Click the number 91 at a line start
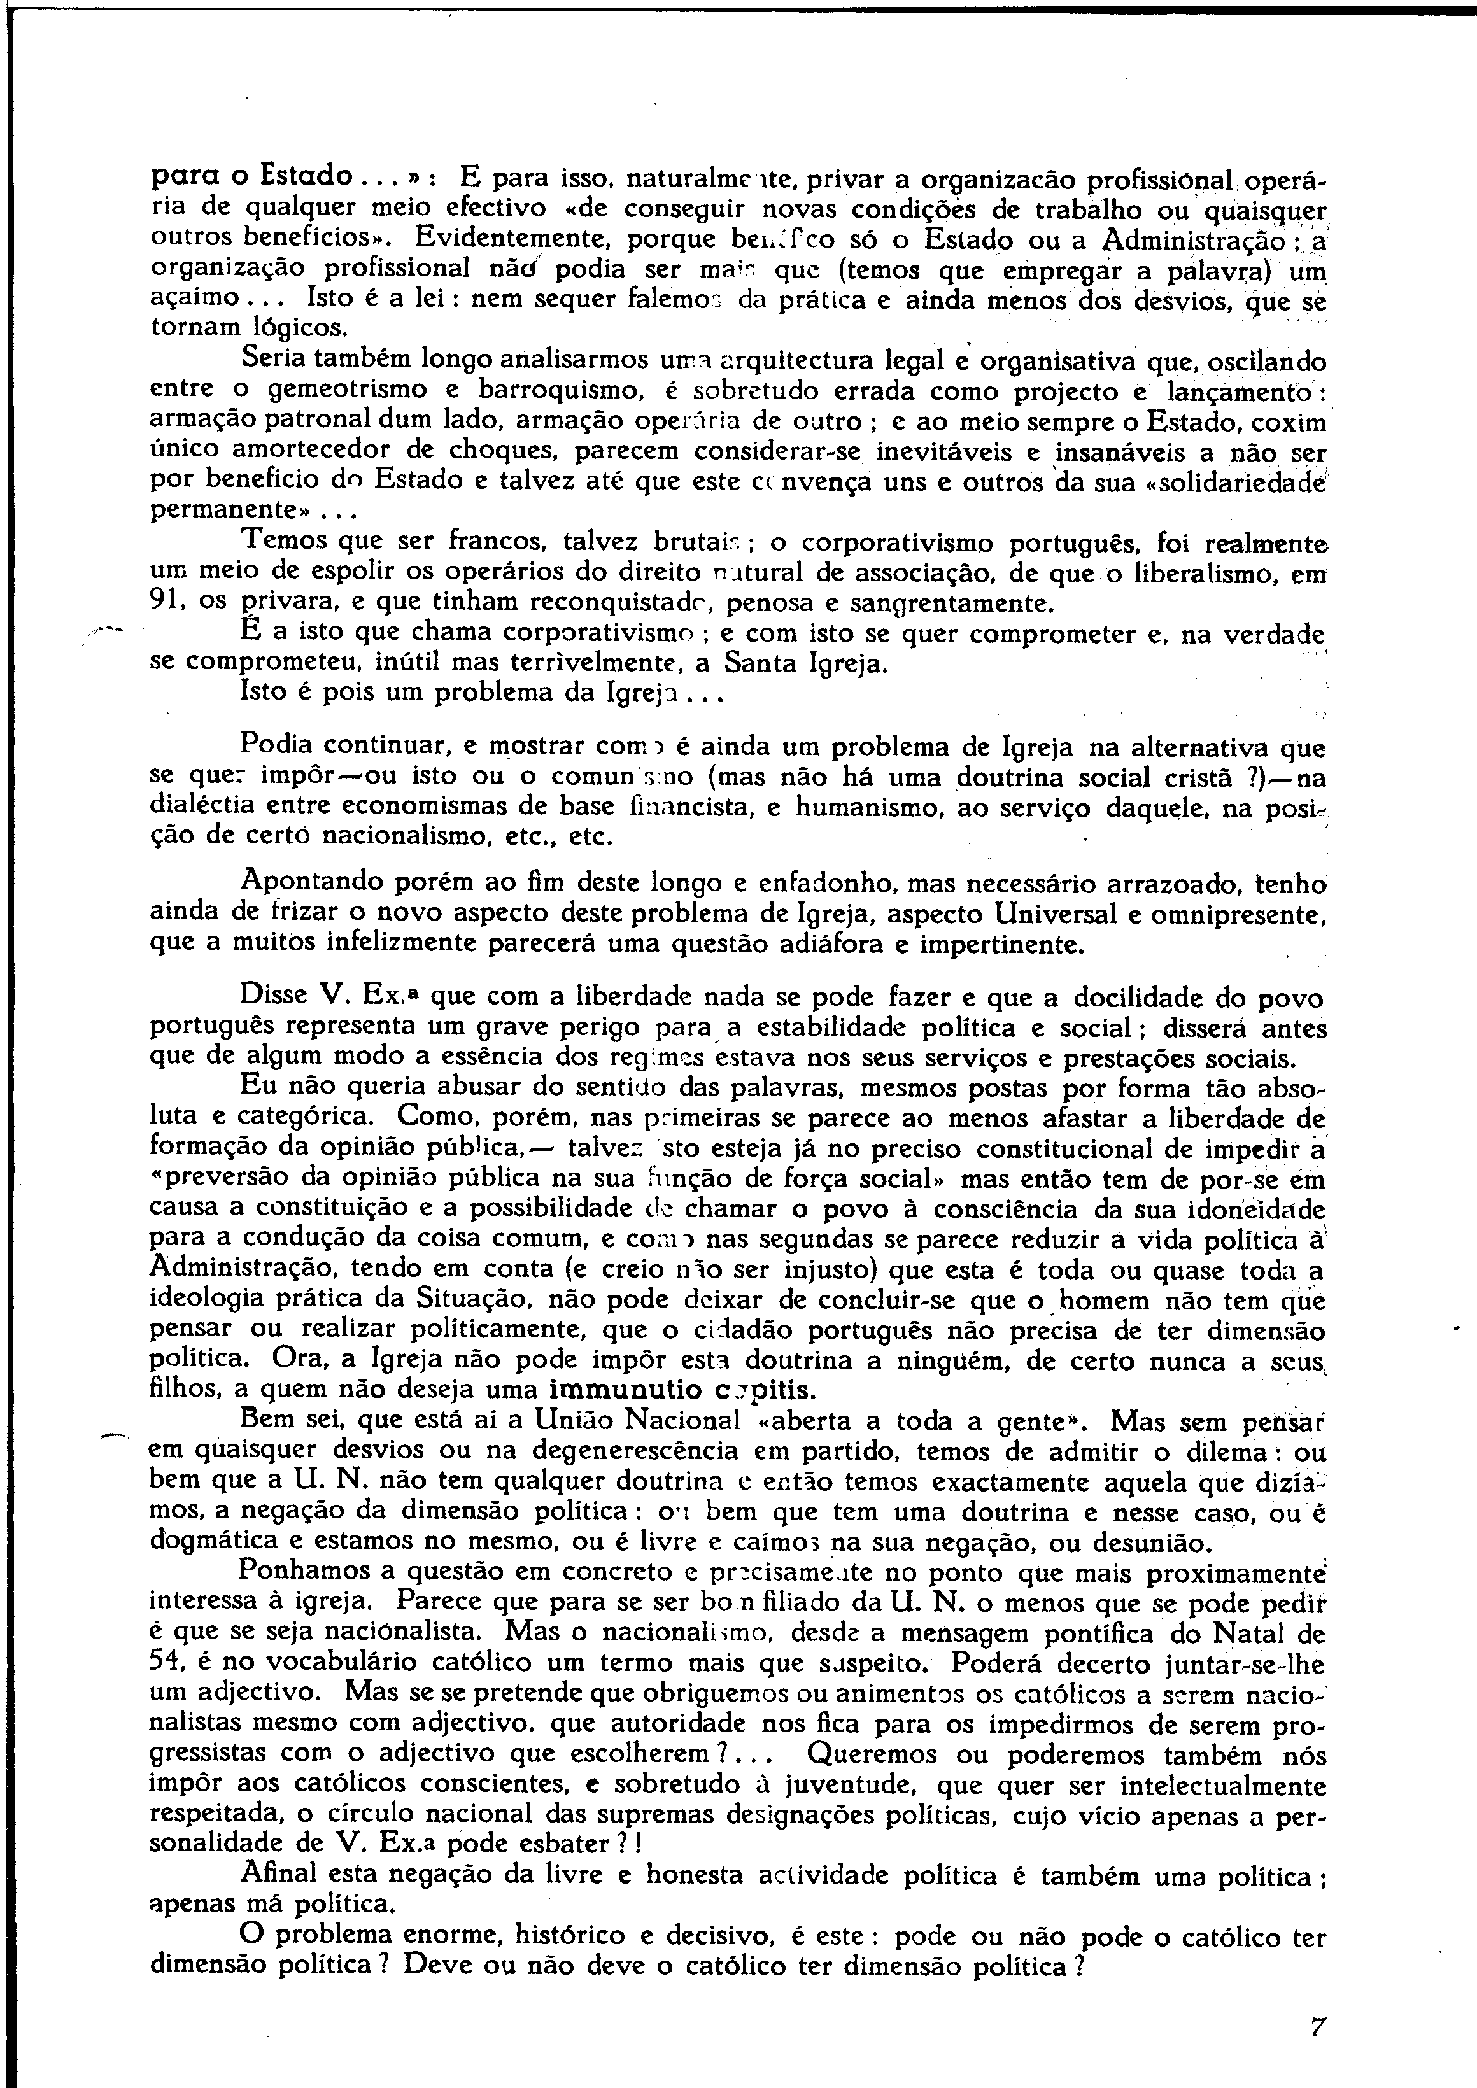tap(165, 601)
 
